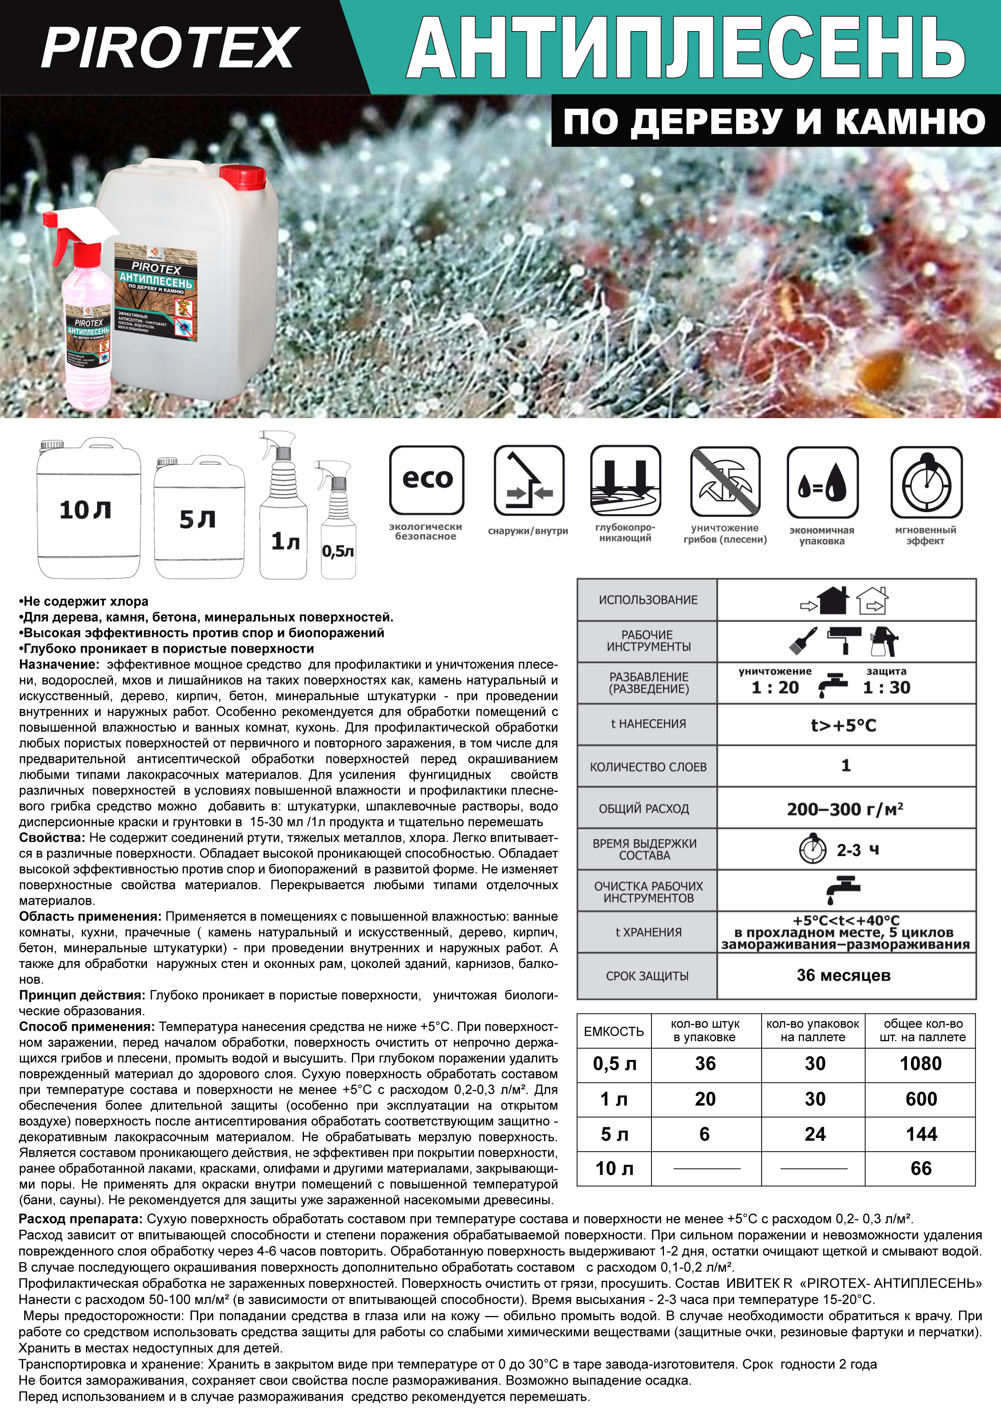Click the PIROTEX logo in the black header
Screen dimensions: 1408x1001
(x=170, y=48)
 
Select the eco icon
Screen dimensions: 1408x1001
(x=427, y=480)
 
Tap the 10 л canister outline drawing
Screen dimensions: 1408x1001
(x=88, y=509)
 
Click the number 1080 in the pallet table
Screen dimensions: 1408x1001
(x=920, y=1063)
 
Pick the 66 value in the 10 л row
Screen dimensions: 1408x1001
(x=920, y=1168)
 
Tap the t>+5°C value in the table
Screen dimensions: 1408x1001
(x=843, y=725)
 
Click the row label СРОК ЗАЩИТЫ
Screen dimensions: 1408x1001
(x=647, y=976)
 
